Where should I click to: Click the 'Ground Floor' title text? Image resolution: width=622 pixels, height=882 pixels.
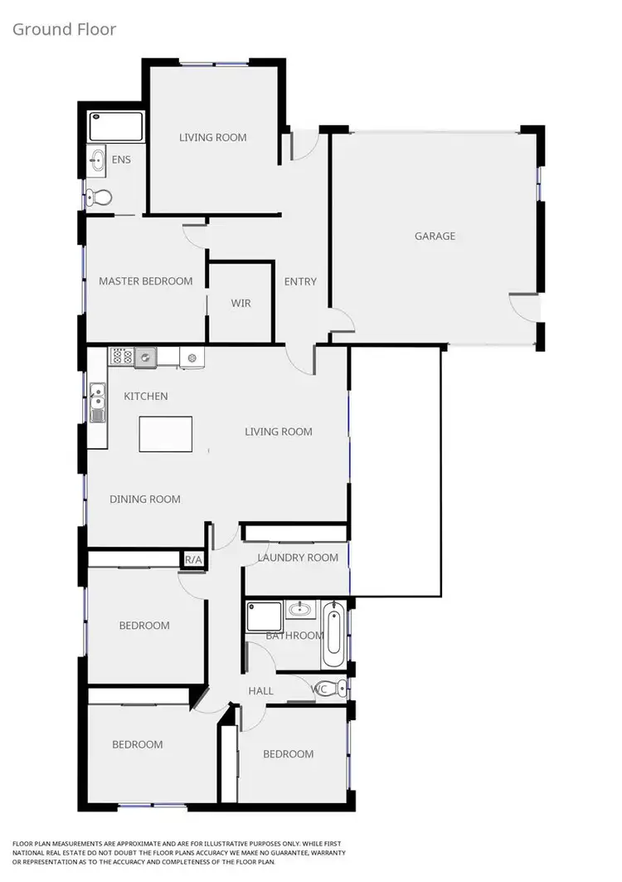point(64,30)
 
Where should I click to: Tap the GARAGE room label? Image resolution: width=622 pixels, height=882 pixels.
point(435,236)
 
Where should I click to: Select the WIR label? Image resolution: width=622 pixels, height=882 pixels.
point(241,304)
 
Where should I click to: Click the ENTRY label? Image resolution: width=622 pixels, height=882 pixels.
point(300,281)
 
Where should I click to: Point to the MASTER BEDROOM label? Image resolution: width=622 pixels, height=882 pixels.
point(145,281)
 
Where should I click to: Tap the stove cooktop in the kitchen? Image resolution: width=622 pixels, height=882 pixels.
point(122,357)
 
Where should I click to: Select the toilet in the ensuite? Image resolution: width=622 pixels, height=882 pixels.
point(100,197)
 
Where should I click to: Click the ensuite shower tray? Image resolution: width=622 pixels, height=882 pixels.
point(116,127)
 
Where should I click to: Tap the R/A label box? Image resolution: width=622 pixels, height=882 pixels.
point(193,560)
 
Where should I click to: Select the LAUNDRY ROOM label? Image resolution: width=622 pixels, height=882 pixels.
point(298,558)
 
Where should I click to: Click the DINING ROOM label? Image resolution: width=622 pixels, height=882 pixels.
point(145,499)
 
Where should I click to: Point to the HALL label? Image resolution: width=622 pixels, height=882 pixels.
point(262,690)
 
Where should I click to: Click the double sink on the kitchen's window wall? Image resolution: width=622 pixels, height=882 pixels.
point(98,402)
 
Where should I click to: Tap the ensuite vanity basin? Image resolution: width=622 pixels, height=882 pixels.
point(99,159)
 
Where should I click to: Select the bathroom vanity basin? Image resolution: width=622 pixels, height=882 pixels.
point(299,611)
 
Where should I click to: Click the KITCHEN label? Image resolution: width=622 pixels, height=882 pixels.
point(146,397)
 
